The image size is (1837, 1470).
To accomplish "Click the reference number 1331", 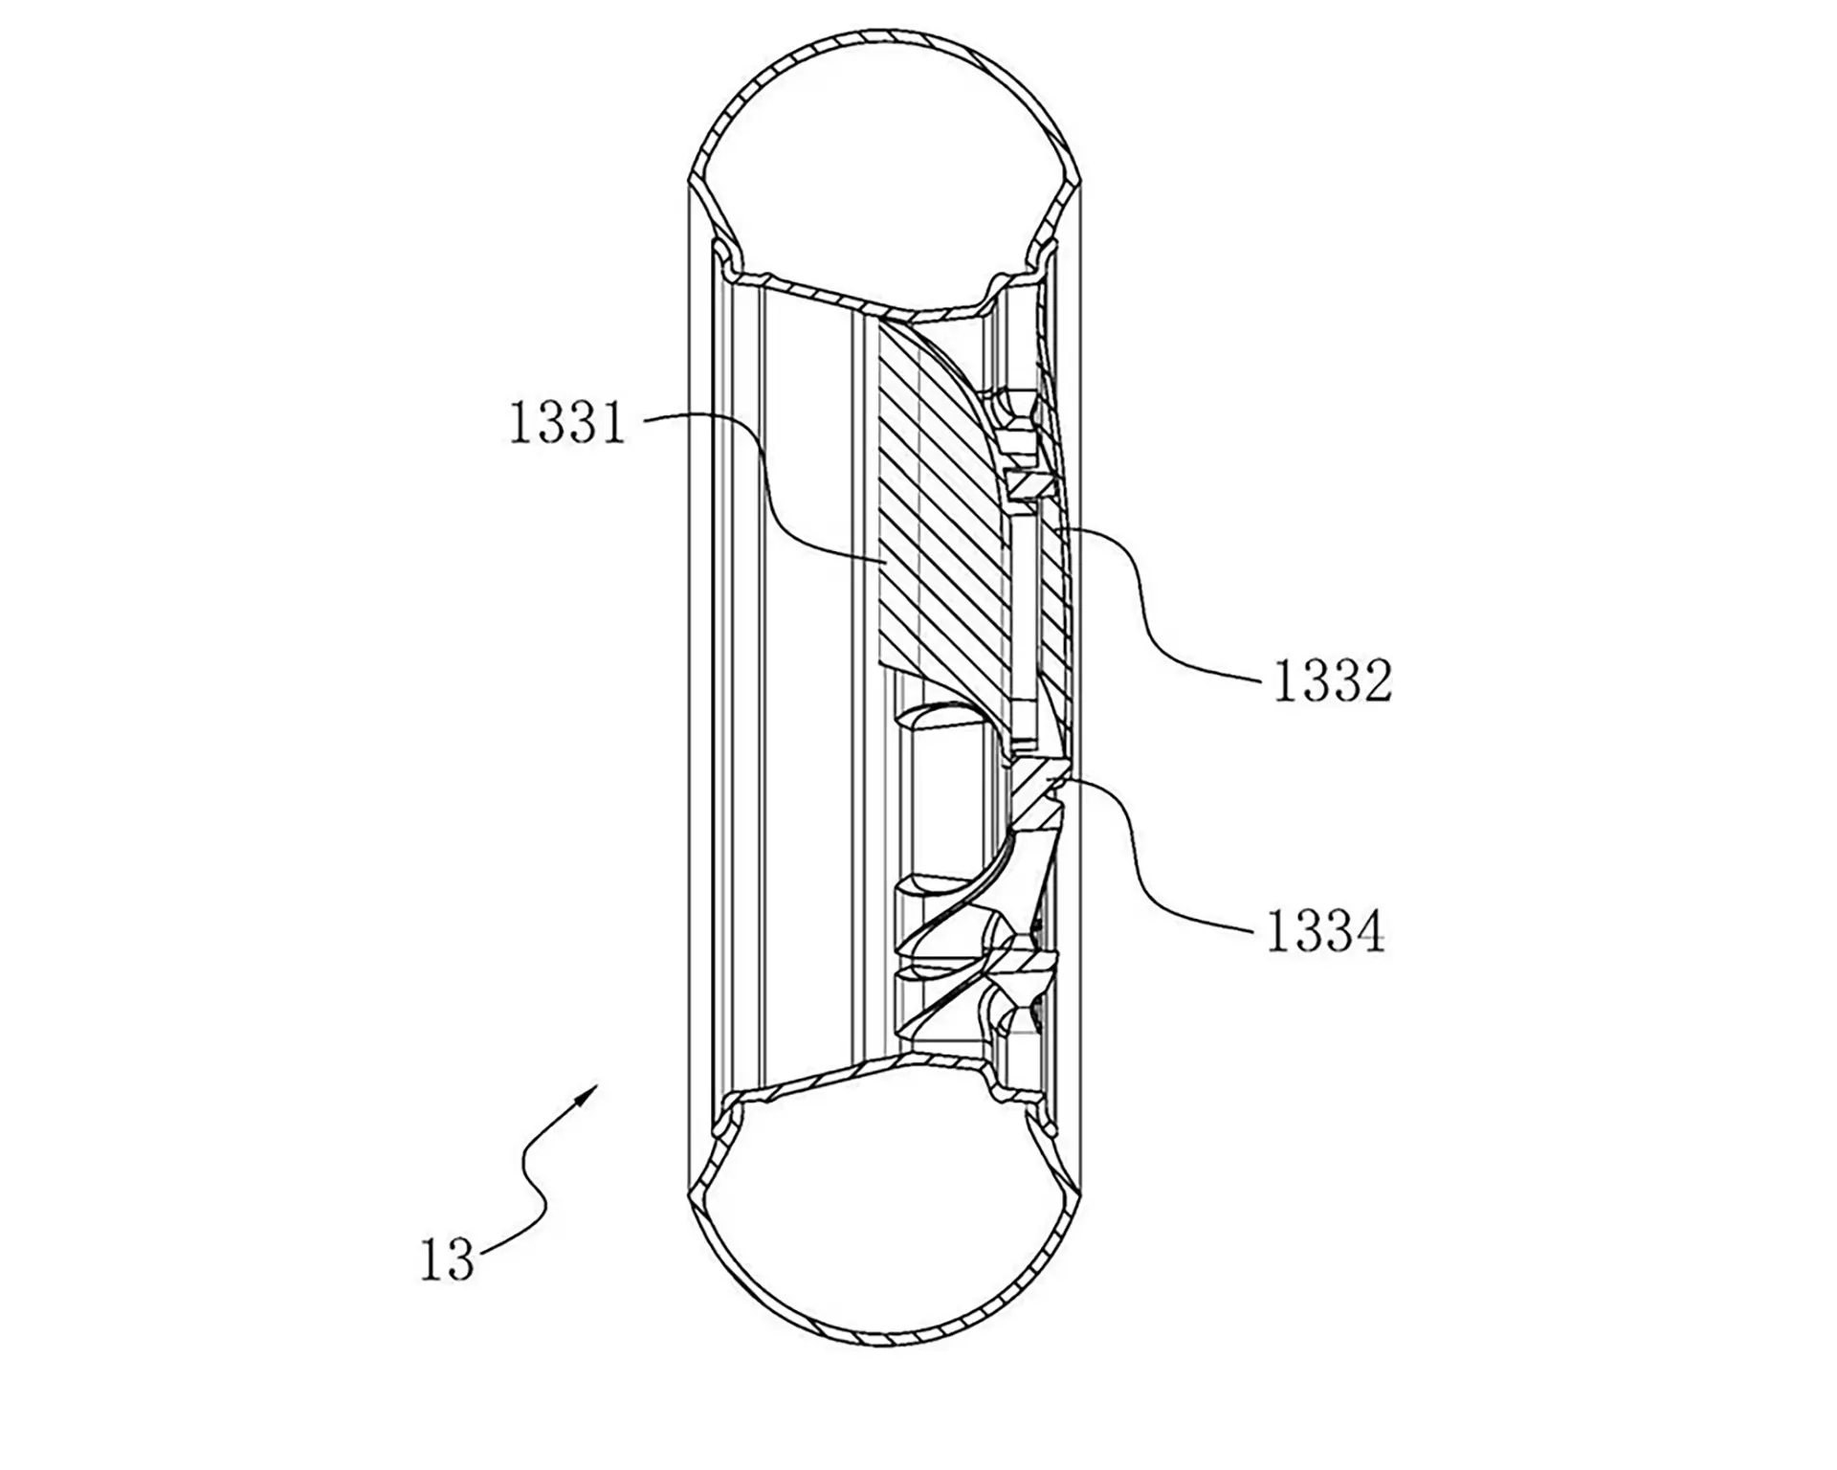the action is tap(566, 423).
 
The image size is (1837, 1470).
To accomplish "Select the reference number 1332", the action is tap(1332, 683).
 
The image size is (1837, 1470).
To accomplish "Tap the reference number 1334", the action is tap(1325, 931).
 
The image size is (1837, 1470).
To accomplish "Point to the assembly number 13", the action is tap(448, 1259).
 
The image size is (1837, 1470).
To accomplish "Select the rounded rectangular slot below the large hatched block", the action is tap(947, 790).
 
